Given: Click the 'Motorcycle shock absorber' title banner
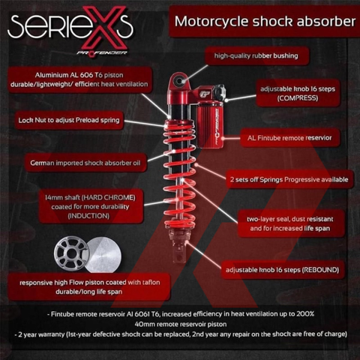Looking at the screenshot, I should (x=263, y=22).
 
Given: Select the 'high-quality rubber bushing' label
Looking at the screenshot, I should (x=261, y=55).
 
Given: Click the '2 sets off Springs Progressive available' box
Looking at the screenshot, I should (x=289, y=179).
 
